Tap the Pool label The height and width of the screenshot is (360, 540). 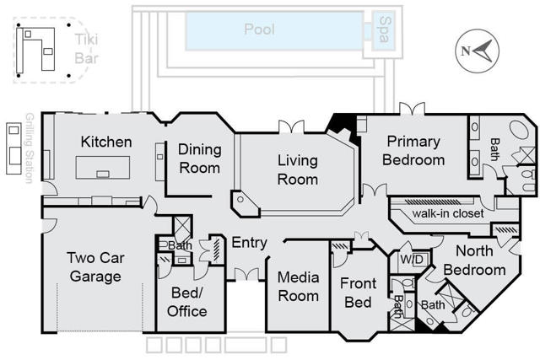pos(259,30)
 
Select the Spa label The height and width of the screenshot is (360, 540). pos(385,31)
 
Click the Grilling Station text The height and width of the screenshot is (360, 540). pos(29,148)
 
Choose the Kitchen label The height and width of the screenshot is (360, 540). pos(105,142)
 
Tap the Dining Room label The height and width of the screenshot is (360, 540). pos(200,159)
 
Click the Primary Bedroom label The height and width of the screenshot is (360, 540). pos(413,151)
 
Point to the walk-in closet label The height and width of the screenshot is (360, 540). pos(447,213)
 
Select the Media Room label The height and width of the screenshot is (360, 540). pos(298,286)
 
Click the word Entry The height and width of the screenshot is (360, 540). pos(249,243)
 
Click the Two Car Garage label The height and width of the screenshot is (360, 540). pos(95,267)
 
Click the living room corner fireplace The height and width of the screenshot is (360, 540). pos(244,202)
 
